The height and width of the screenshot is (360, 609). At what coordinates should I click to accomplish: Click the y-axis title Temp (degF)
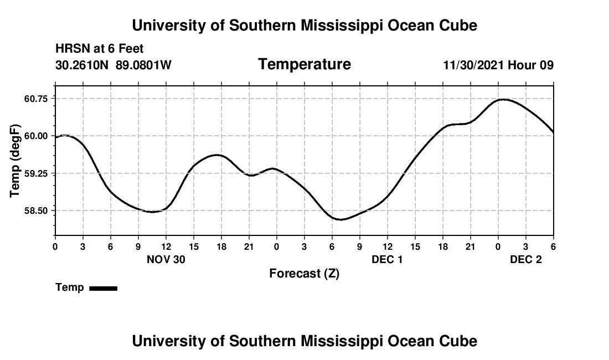point(16,161)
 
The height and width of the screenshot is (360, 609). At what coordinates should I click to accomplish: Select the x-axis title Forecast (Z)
point(304,274)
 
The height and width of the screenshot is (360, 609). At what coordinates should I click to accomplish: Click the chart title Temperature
point(304,64)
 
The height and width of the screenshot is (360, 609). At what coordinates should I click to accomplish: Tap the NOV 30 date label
point(166,259)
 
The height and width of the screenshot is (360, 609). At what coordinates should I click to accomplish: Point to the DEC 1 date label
point(388,259)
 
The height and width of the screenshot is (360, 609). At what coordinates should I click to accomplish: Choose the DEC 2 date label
point(526,259)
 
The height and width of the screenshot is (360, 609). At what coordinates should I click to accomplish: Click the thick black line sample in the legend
point(104,288)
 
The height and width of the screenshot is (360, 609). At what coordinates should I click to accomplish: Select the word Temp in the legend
point(70,287)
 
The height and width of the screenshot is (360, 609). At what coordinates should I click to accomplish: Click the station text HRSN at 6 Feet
point(100,49)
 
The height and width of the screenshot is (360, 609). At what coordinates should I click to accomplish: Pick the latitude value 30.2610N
point(82,65)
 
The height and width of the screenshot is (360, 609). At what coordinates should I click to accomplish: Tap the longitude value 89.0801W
point(143,65)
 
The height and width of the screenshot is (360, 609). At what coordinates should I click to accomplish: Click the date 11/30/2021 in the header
point(474,65)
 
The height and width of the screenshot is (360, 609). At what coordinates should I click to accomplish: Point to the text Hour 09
point(531,65)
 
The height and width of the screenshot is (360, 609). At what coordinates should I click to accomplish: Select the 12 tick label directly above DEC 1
point(388,246)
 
